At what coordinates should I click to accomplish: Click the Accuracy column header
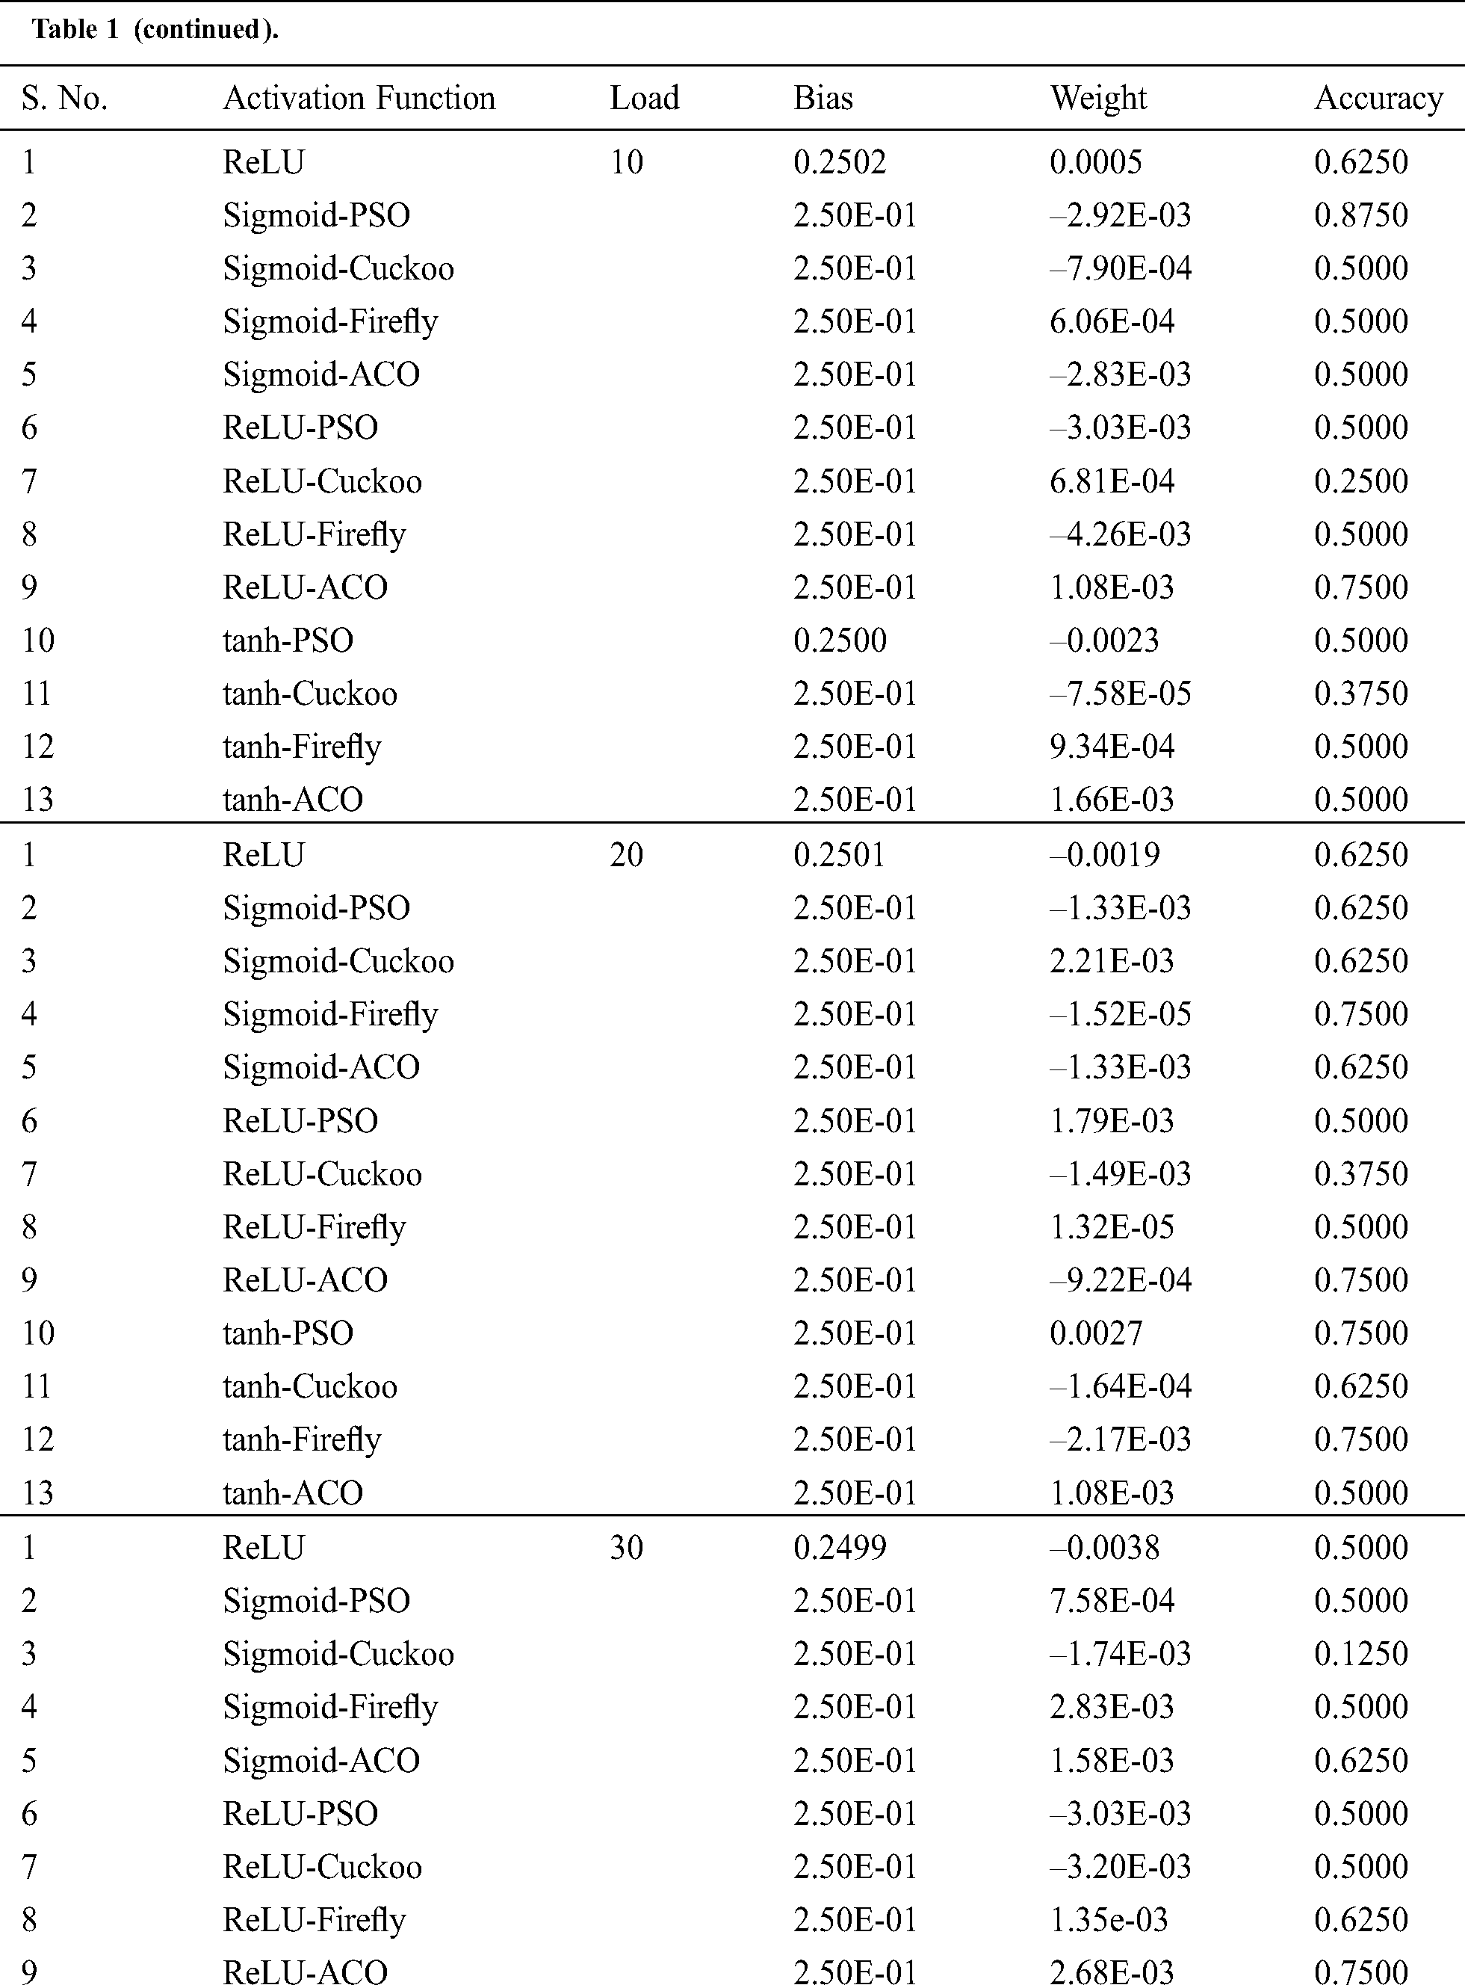[1378, 98]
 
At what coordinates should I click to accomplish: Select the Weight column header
[1098, 98]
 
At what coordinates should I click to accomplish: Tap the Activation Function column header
[359, 98]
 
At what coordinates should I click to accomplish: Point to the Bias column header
[823, 98]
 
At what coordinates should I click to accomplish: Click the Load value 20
[626, 854]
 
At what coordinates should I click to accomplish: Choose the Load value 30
[626, 1547]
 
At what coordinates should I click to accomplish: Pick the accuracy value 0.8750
[1360, 214]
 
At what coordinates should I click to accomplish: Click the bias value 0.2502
[839, 161]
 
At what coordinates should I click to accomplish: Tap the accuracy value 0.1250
[1360, 1653]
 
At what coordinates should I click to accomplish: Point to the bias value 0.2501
[839, 854]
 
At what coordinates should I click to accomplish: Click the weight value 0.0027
[1096, 1333]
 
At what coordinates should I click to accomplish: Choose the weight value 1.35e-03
[1109, 1919]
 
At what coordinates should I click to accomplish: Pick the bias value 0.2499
[839, 1547]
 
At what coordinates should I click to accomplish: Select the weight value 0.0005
[1096, 161]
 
